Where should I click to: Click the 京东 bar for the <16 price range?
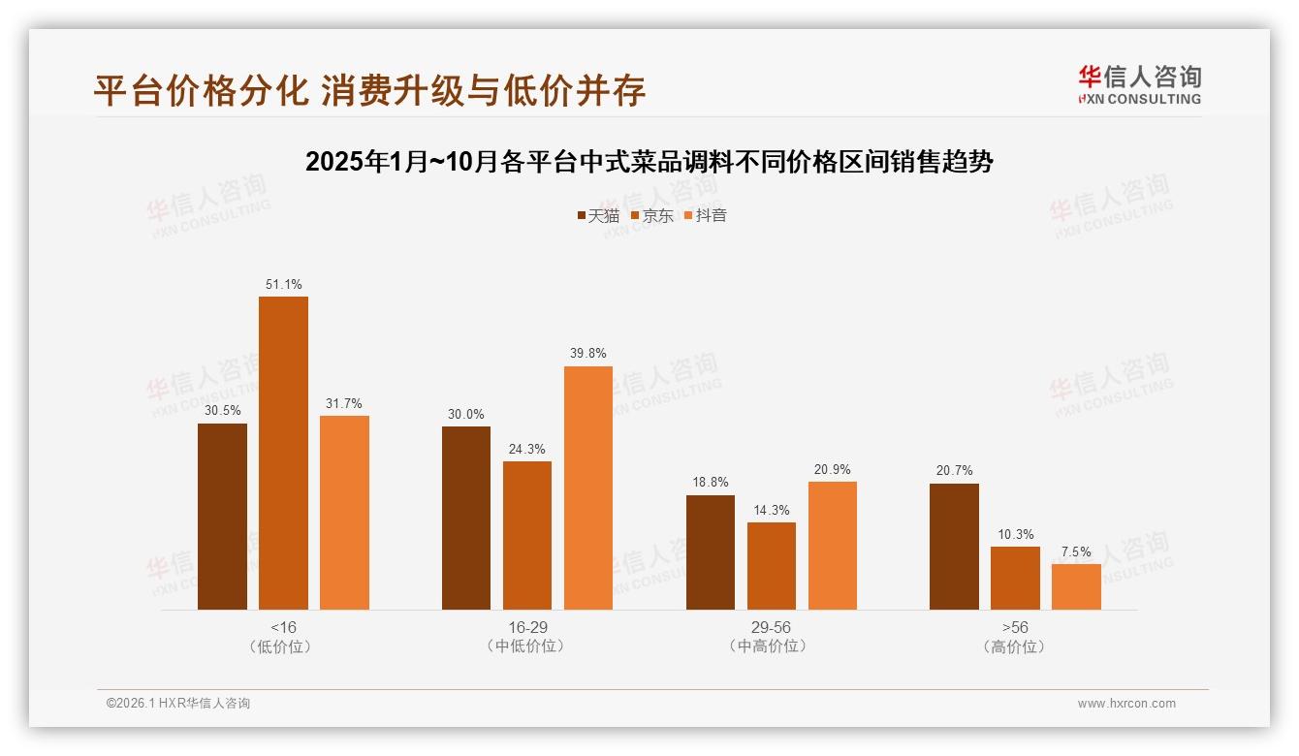(x=283, y=453)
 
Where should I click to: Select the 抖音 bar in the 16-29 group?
(x=588, y=488)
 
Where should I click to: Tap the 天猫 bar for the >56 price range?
(x=954, y=547)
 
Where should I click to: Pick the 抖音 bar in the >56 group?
(x=1076, y=586)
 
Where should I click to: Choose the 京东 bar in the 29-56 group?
(x=772, y=566)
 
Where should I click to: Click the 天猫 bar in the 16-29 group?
(x=466, y=518)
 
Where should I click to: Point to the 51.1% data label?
(x=283, y=285)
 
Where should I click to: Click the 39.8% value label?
(x=588, y=354)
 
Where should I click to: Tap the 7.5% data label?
(x=1076, y=552)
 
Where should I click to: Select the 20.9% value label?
(x=833, y=470)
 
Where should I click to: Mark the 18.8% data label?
(x=711, y=483)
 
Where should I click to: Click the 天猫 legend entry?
(x=598, y=215)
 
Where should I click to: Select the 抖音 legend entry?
(x=706, y=215)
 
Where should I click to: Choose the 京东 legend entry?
(x=651, y=215)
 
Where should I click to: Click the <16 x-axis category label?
(x=284, y=627)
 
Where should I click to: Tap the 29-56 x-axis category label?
(x=772, y=627)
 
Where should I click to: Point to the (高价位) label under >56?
(x=1015, y=646)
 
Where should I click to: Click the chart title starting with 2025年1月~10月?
(x=649, y=162)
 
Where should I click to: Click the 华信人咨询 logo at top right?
(x=1139, y=84)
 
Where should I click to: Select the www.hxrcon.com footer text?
(x=1126, y=704)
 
